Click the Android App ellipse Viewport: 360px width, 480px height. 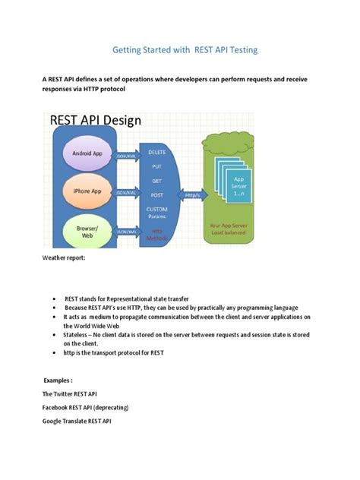[x=87, y=153]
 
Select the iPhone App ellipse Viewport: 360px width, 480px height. [x=87, y=191]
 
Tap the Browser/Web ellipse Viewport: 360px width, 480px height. [x=87, y=232]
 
